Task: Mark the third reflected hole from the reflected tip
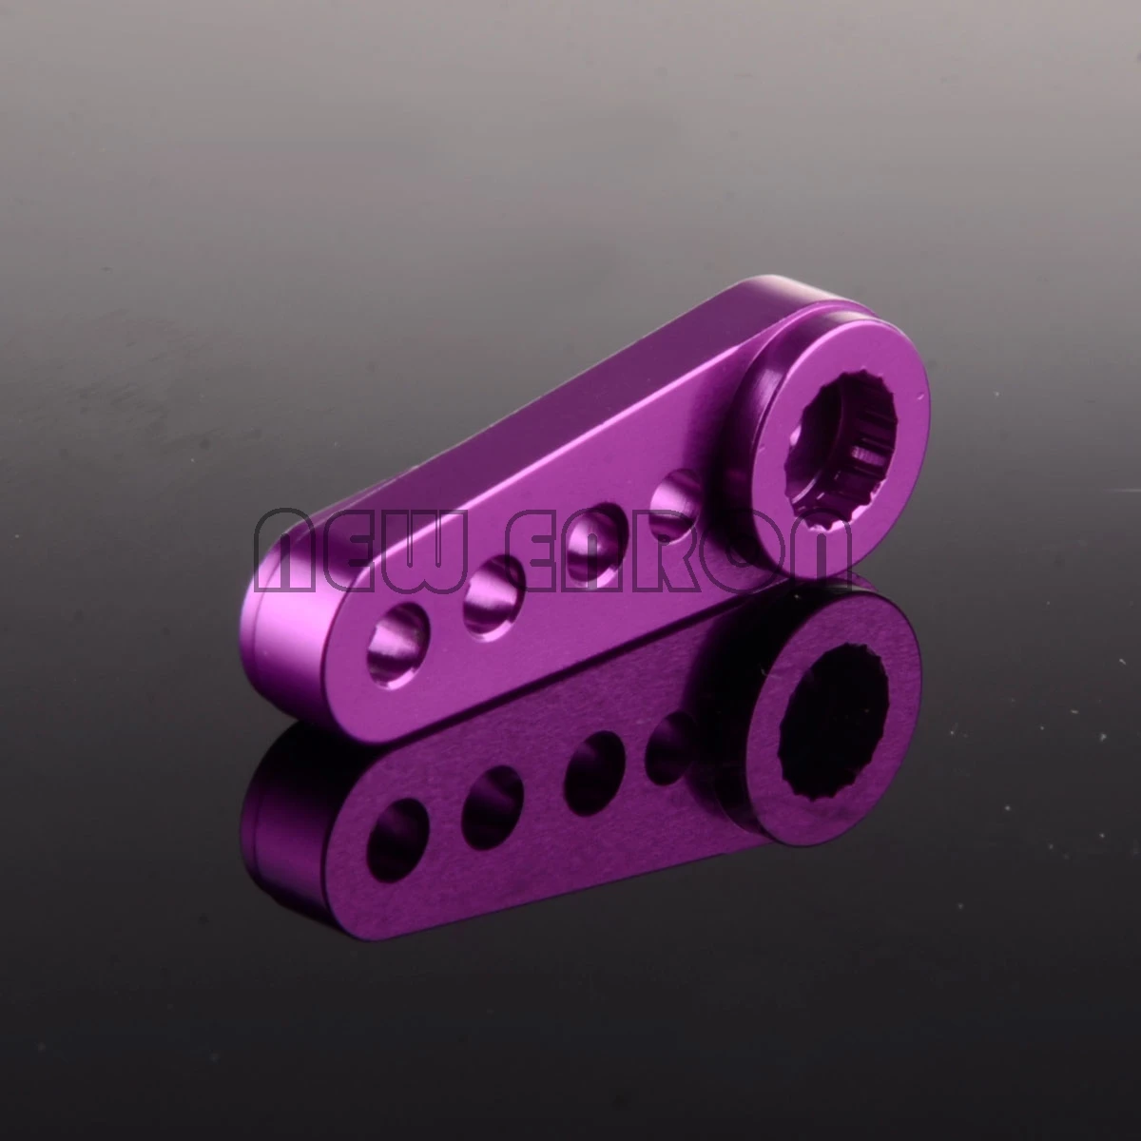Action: pyautogui.click(x=591, y=755)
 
